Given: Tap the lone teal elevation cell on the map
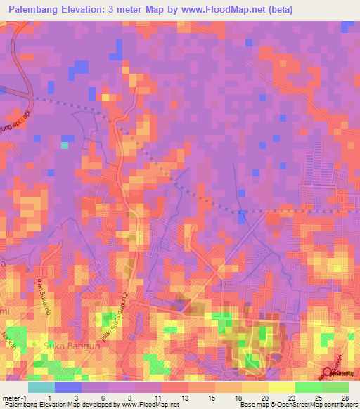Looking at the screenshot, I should coord(64,145).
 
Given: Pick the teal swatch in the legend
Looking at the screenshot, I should coord(41,387).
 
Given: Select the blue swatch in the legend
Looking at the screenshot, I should coord(68,387).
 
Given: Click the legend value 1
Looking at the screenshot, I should coord(49,398).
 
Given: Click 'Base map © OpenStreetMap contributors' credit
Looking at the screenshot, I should coord(297,405).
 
